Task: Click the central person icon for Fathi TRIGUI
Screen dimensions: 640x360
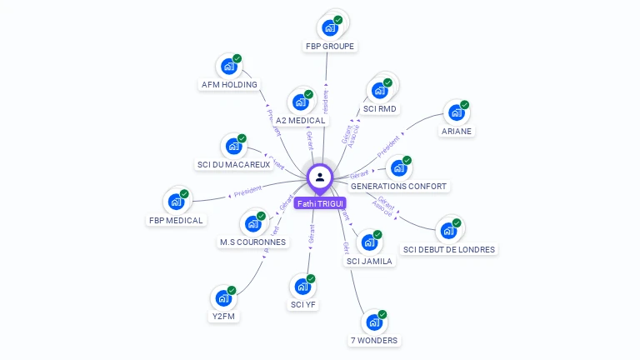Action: [320, 177]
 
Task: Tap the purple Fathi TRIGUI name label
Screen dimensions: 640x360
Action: [320, 203]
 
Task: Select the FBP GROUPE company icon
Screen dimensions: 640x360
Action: [331, 27]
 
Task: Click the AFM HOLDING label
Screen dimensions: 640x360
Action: [229, 84]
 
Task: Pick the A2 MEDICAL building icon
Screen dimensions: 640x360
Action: [300, 102]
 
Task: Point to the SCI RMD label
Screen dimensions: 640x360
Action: [380, 109]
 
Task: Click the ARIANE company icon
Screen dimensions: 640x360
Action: [456, 112]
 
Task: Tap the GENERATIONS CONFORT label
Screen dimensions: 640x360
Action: [398, 187]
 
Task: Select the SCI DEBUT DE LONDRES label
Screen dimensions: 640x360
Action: [448, 249]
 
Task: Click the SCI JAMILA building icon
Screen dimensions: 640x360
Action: [368, 242]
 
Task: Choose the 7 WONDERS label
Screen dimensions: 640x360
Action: [373, 340]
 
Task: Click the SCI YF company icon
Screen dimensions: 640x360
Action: [303, 287]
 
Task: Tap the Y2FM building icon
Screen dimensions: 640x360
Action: [223, 297]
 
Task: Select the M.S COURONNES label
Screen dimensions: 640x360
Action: [252, 242]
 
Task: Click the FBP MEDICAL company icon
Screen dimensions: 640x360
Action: [176, 202]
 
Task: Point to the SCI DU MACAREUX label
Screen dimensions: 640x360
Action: [233, 165]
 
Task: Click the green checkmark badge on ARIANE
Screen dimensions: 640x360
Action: [465, 105]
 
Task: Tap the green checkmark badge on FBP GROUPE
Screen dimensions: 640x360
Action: [338, 20]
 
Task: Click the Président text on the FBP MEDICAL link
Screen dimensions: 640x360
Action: [247, 192]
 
